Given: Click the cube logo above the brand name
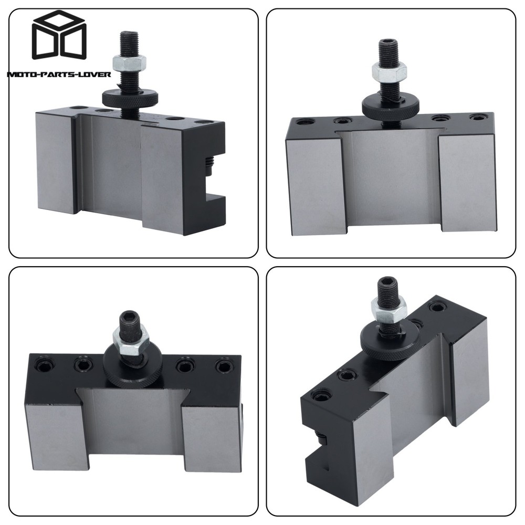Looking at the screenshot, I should click(x=59, y=38).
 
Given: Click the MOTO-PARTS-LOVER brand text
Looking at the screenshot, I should click(x=58, y=74).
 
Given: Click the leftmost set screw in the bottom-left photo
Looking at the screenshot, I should click(x=44, y=363).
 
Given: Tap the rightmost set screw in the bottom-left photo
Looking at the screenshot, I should click(x=223, y=365).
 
